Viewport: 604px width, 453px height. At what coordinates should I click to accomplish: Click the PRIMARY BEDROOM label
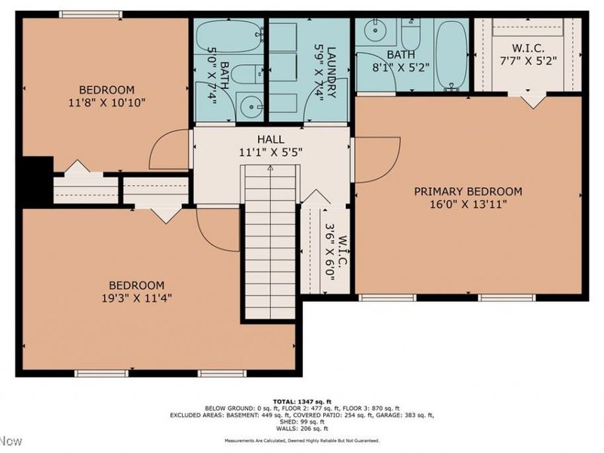[x=467, y=191]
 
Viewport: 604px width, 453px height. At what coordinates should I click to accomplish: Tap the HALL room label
[x=270, y=140]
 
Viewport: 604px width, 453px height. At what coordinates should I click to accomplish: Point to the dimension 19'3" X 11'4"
[x=136, y=297]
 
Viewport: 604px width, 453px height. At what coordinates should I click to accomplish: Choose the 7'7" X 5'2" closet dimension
[x=528, y=60]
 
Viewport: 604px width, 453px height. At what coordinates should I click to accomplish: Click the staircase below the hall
[x=270, y=242]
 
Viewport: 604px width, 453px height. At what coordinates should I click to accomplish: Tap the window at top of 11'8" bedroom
[x=91, y=14]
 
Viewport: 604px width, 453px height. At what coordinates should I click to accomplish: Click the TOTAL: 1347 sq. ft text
[x=302, y=400]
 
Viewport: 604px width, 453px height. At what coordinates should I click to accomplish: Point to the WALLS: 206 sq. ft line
[x=302, y=428]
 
